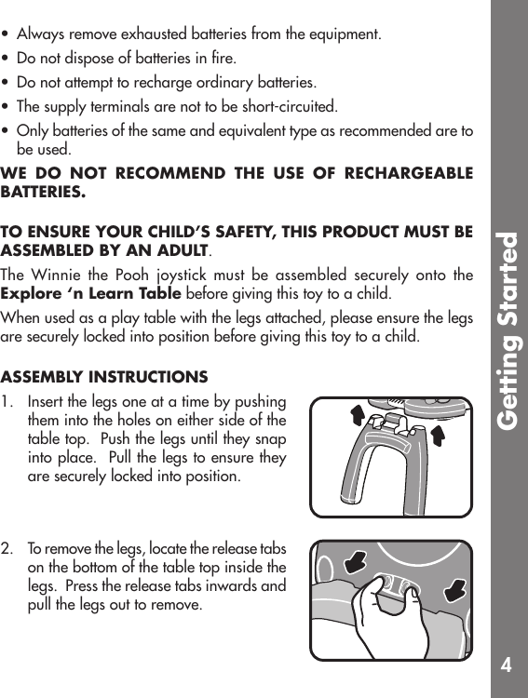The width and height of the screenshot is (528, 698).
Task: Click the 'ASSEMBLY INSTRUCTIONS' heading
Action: (104, 377)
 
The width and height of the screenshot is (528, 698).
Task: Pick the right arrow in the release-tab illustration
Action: (455, 589)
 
